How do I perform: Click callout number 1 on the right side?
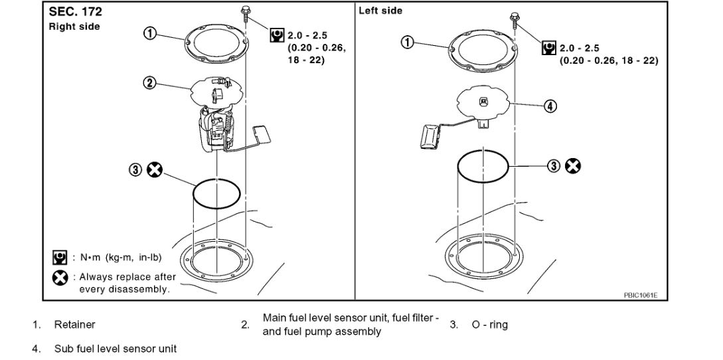[151, 35]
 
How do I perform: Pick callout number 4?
[550, 106]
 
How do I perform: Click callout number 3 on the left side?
[554, 166]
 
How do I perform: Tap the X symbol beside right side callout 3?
[155, 170]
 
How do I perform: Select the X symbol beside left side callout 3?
[572, 166]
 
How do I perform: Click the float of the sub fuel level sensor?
[430, 137]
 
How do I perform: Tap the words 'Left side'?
[380, 11]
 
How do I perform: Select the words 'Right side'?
[74, 27]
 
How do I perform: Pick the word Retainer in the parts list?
[74, 325]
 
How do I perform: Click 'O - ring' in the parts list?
[489, 325]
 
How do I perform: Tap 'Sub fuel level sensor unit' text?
[115, 348]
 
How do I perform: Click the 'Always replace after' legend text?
[127, 277]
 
